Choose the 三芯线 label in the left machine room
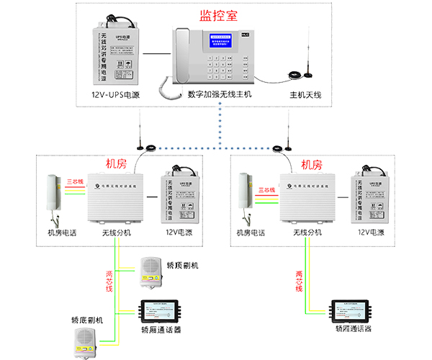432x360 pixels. pos(76,181)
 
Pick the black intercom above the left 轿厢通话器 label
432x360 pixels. pos(161,311)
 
